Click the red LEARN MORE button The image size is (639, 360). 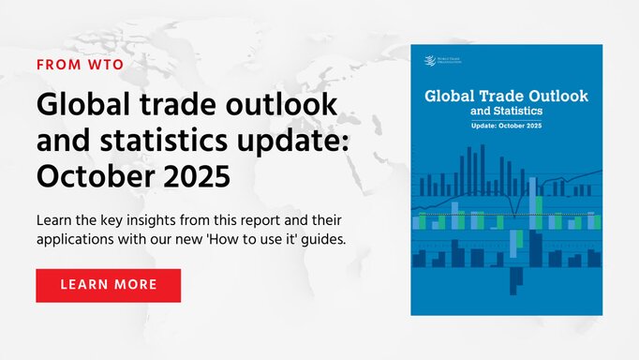[x=108, y=285]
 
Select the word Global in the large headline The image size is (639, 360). [x=81, y=104]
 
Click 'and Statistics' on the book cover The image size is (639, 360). [x=506, y=112]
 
